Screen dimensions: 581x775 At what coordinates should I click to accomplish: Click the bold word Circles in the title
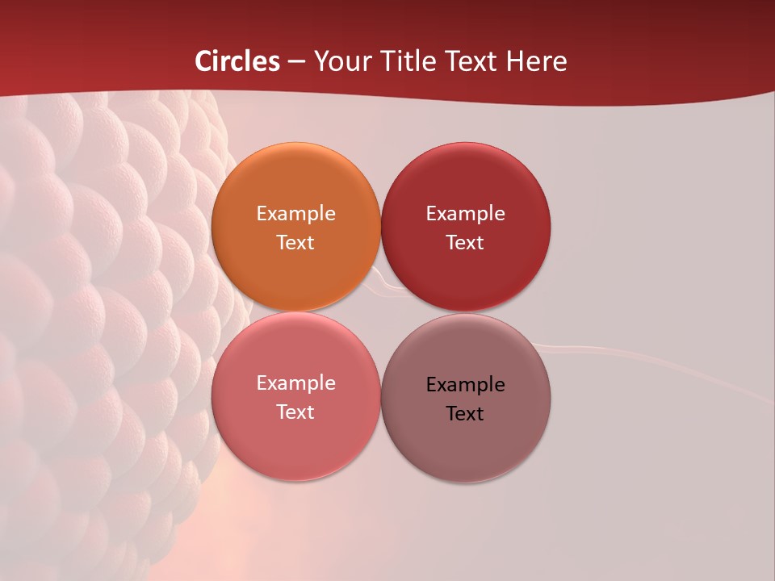(x=237, y=61)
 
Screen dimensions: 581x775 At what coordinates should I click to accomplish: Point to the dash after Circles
(x=296, y=61)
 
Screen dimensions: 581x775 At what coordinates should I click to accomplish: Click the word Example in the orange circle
(x=295, y=213)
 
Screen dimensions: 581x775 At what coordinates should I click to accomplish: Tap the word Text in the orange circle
(x=295, y=242)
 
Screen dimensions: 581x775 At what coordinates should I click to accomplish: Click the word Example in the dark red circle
(x=465, y=213)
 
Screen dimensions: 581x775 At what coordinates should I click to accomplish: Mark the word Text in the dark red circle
(x=465, y=242)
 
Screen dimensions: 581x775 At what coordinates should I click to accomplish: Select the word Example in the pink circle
(x=295, y=382)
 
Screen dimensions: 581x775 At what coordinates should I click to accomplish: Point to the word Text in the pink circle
(x=295, y=412)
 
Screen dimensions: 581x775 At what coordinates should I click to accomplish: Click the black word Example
(x=465, y=384)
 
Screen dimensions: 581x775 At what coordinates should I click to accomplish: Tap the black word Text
(x=465, y=413)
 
